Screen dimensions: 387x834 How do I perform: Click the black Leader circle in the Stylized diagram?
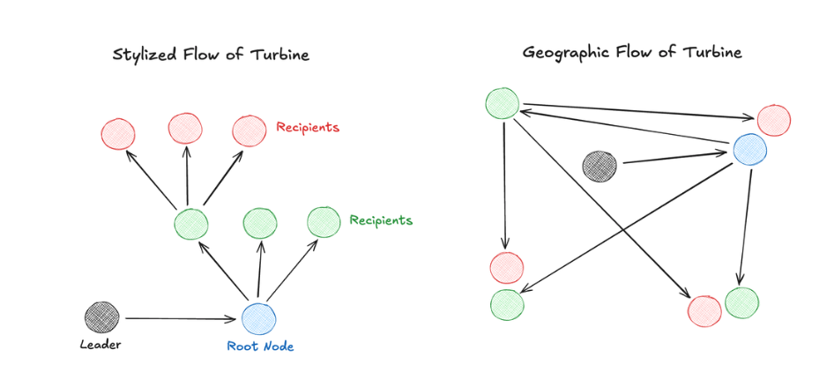coord(101,316)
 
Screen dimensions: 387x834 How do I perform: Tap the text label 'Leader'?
coord(101,345)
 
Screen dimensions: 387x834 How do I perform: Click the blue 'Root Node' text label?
coord(260,346)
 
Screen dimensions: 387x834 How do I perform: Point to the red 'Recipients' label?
coord(308,128)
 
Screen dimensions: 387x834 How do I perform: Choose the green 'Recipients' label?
coord(381,220)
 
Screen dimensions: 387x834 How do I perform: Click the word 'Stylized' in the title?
coord(141,55)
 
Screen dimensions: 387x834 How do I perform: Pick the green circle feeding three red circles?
coord(190,224)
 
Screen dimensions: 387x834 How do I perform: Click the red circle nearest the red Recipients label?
coord(249,131)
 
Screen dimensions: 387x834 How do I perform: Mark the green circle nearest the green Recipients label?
coord(324,222)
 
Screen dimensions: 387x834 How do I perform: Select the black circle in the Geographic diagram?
coord(599,166)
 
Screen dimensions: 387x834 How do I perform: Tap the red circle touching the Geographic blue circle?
coord(773,121)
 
